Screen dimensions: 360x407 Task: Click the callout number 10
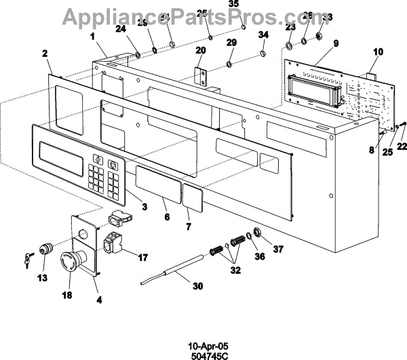click(379, 51)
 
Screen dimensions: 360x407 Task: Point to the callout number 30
click(197, 287)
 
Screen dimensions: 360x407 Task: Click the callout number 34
click(264, 35)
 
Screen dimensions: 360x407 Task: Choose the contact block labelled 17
click(113, 243)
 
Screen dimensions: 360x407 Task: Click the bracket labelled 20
click(201, 75)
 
